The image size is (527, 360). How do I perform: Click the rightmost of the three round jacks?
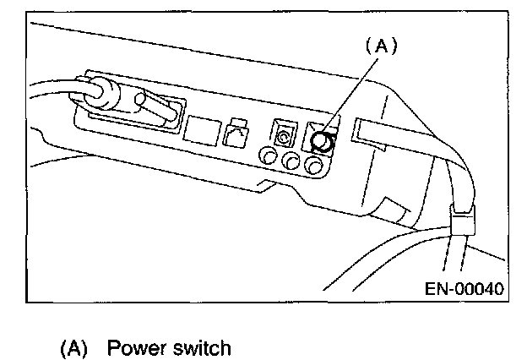316,165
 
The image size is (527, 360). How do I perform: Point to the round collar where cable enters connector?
102,92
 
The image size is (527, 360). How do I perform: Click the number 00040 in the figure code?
479,288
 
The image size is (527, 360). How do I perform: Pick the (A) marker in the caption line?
74,347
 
